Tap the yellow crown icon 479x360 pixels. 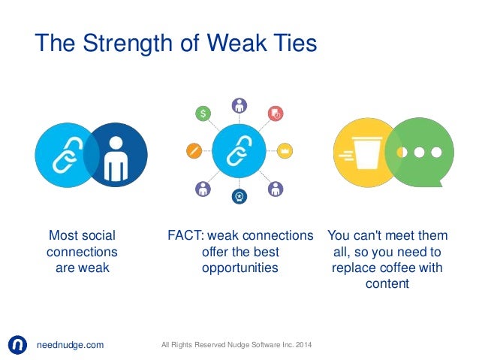[x=285, y=150]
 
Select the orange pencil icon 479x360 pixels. [x=193, y=150]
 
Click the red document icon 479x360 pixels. [x=276, y=113]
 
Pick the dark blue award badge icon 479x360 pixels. [x=239, y=198]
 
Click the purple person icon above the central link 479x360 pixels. [x=239, y=105]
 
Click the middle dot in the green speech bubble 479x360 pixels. [x=419, y=152]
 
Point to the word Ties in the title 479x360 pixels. [x=288, y=42]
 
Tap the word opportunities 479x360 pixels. [x=239, y=268]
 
